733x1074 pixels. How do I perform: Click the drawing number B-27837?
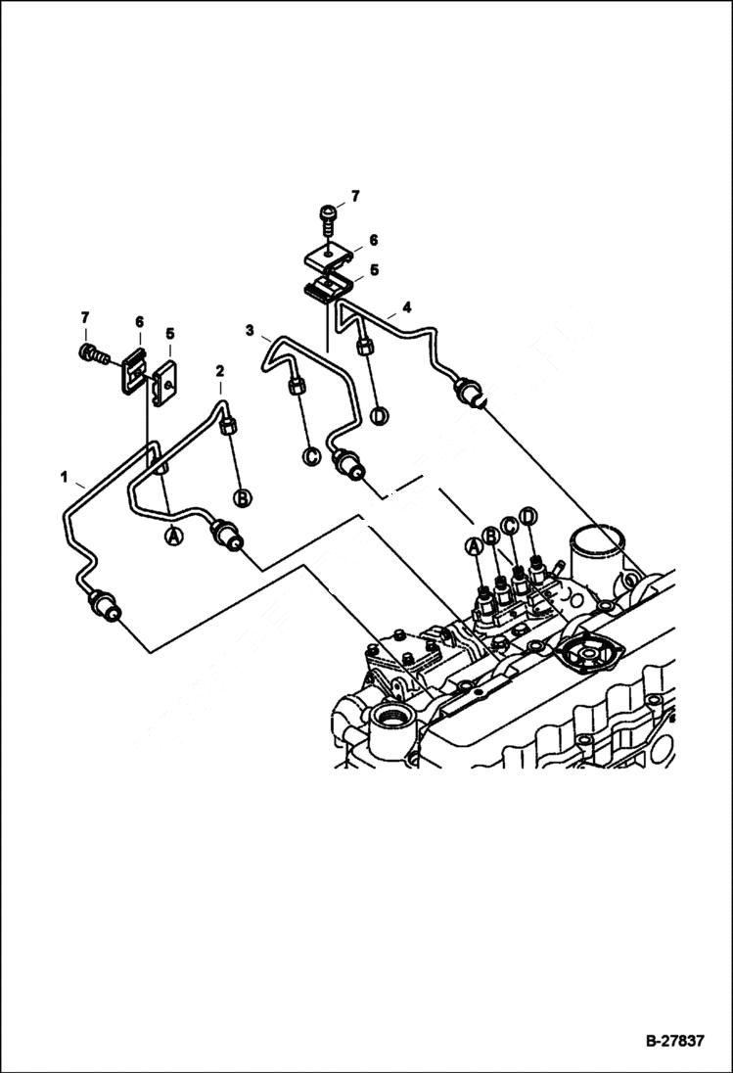click(673, 1041)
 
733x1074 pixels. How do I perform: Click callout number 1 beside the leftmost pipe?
click(65, 478)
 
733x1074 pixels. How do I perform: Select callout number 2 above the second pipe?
click(220, 371)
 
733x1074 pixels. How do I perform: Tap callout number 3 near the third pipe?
click(250, 329)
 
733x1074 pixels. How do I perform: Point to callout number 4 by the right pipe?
click(406, 307)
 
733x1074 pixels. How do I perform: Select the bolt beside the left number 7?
click(89, 351)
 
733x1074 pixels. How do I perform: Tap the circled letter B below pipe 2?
click(242, 496)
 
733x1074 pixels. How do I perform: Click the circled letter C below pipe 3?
click(310, 456)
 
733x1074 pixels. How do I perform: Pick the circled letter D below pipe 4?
click(379, 415)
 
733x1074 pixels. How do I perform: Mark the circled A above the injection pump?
click(475, 546)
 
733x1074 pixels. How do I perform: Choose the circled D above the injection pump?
click(528, 515)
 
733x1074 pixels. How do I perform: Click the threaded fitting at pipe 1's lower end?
click(105, 607)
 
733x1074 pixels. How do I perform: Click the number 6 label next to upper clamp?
click(373, 240)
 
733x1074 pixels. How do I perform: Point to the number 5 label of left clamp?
click(170, 334)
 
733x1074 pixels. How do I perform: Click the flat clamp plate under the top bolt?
click(329, 257)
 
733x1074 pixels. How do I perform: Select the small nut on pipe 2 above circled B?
click(229, 426)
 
